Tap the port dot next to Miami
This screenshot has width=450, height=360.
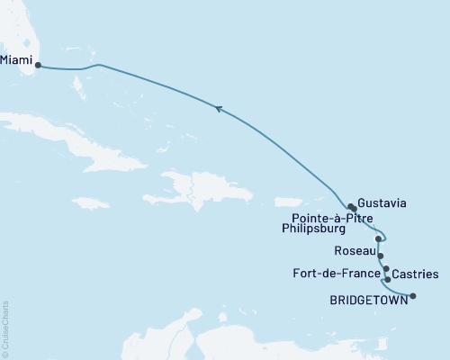coord(37,65)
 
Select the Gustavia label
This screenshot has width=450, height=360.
coord(382,203)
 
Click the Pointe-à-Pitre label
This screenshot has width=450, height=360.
coord(334,218)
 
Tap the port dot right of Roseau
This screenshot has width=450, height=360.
coord(381,256)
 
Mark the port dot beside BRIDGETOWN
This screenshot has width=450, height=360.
coord(413,295)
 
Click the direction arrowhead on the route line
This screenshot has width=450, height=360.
coord(217,109)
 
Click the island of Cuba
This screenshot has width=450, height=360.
coord(81,135)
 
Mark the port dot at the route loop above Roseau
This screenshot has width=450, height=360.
coord(379,239)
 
